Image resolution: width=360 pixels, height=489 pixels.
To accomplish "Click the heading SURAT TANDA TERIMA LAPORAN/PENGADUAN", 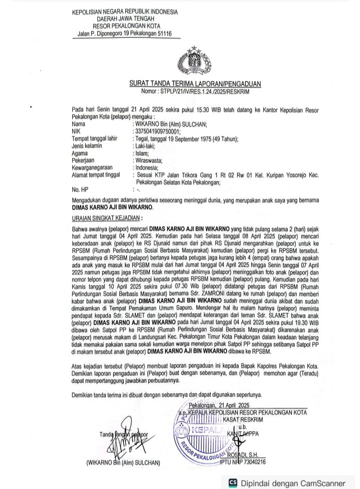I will pos(195,84).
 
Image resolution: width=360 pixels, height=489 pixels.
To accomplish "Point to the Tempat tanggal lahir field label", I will pos(100,138).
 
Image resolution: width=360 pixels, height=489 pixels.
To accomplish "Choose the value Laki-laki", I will pos(144,146).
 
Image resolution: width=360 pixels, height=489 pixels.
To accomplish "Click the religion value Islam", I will pos(141,153).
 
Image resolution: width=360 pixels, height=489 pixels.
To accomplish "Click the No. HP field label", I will pos(80,190).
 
